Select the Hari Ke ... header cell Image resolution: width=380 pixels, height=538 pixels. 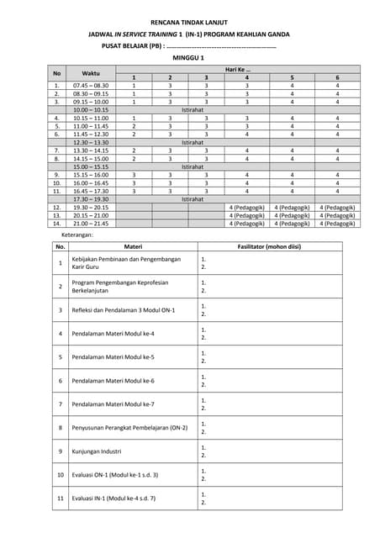coord(237,70)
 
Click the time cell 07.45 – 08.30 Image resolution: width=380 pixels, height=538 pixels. coord(91,86)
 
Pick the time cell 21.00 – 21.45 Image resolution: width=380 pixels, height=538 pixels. coord(91,224)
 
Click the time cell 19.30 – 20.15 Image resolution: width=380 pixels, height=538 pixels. coord(91,207)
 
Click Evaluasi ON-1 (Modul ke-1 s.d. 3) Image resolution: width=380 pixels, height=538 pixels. coord(114,475)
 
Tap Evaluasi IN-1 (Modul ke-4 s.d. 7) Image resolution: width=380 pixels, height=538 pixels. coord(113,498)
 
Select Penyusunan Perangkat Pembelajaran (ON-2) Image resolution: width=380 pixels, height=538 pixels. coord(129,428)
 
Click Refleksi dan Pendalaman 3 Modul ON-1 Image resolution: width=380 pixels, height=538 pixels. coord(124,310)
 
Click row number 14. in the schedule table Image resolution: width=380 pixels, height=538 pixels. coord(56,224)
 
